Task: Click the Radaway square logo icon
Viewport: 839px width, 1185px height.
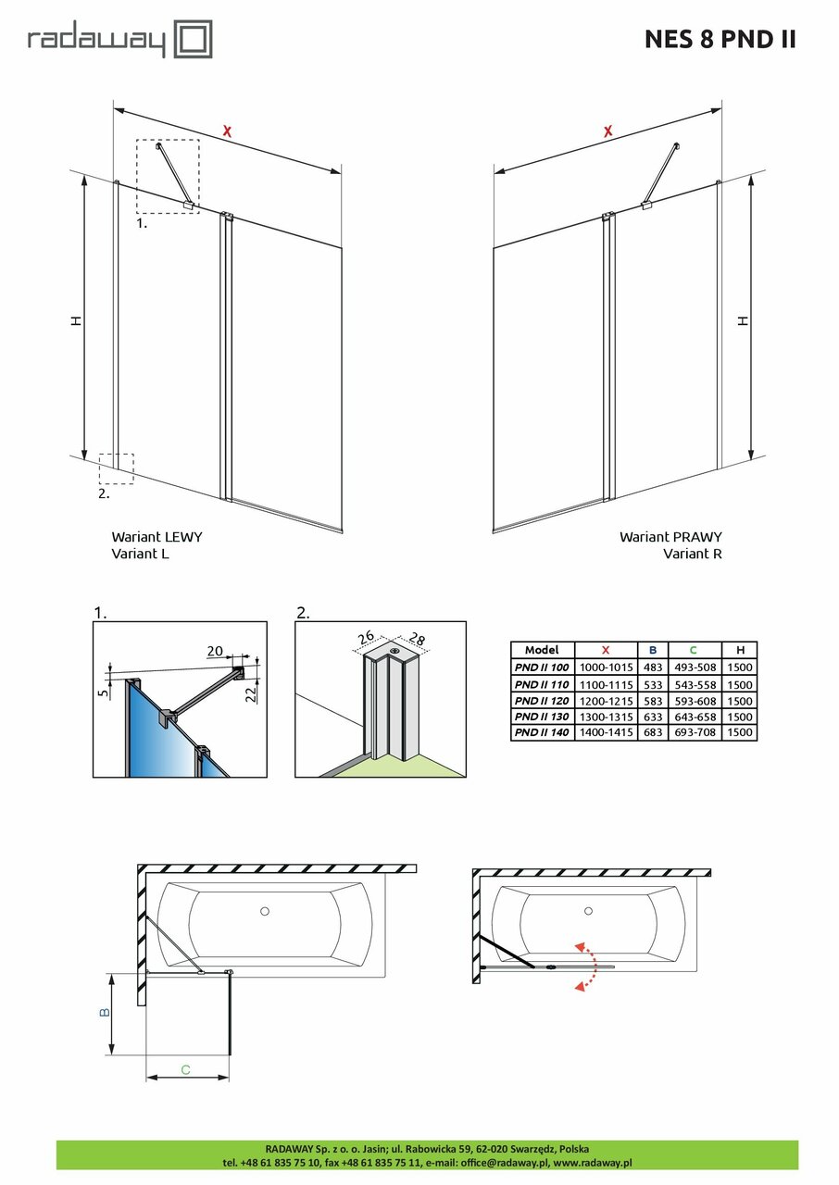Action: click(x=194, y=41)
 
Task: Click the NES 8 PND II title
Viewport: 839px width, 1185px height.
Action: click(x=720, y=40)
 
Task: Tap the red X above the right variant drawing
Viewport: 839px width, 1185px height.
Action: click(x=607, y=131)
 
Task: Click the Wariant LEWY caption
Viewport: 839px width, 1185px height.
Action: click(x=157, y=537)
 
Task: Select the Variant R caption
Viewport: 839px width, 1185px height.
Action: click(x=693, y=555)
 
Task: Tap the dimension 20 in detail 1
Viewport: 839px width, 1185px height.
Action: click(x=214, y=652)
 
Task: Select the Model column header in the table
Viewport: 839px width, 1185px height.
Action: click(x=542, y=650)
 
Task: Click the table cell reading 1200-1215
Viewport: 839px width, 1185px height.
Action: click(x=606, y=700)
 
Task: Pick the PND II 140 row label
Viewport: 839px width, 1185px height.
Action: click(x=542, y=733)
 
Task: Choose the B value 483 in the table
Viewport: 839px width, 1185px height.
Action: click(x=653, y=667)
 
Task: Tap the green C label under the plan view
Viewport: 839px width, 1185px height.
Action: click(x=186, y=1070)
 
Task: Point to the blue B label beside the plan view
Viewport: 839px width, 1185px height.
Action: click(x=105, y=1013)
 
